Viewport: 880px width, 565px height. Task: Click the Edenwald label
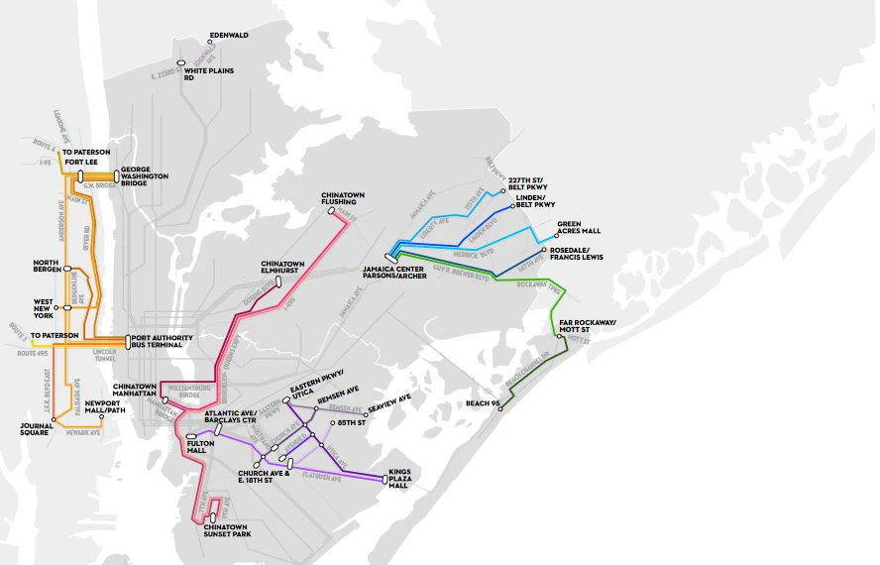tap(229, 35)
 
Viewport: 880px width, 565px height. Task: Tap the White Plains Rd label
tap(202, 73)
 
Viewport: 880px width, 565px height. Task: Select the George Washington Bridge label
tap(145, 176)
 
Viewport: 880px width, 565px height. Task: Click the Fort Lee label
tap(81, 162)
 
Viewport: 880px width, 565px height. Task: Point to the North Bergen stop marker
tap(66, 269)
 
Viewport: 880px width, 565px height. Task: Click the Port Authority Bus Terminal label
tap(165, 342)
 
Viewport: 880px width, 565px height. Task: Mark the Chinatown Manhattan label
tap(137, 390)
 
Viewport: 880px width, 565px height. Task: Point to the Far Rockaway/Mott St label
tap(588, 327)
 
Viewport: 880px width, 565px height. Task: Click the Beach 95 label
tap(482, 403)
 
